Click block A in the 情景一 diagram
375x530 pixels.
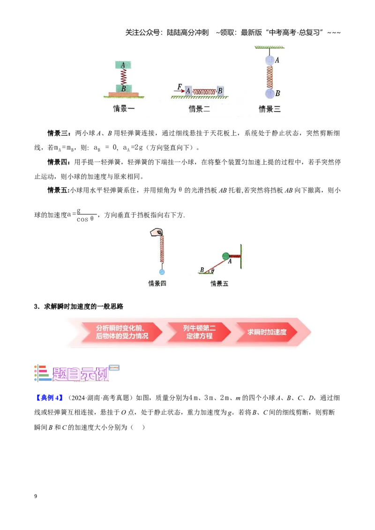pos(123,65)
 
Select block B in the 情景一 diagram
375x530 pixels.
pos(124,88)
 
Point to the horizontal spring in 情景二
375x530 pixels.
pos(204,91)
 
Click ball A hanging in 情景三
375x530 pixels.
pos(270,60)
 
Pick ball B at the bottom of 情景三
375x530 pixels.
pos(270,93)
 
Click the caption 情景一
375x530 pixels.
pos(124,109)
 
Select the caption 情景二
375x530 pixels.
pos(199,109)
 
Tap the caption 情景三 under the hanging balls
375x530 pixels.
pos(270,109)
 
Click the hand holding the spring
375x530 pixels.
pos(157,232)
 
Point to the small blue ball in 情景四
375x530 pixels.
pos(162,272)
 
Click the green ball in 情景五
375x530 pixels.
pos(226,256)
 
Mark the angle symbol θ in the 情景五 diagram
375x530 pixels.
pos(212,271)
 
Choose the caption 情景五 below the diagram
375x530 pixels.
pos(219,284)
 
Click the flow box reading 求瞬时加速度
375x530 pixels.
pos(267,332)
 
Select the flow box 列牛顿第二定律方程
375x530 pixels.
pos(199,332)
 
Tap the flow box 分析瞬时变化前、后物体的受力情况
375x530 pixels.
pos(122,332)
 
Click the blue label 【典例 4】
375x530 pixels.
pos(49,398)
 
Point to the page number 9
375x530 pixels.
pos(36,496)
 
